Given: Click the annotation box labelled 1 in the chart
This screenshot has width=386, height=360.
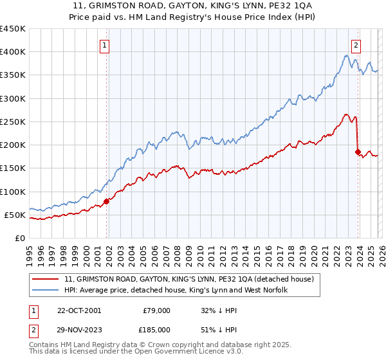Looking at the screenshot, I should click(x=104, y=45).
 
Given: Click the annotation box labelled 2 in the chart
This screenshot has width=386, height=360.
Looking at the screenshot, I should click(x=355, y=45).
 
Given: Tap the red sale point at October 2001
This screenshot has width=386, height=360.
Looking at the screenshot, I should click(x=107, y=201).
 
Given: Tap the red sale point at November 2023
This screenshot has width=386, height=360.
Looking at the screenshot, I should click(x=358, y=152).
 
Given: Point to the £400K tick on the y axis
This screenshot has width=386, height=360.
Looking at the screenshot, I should click(x=12, y=52).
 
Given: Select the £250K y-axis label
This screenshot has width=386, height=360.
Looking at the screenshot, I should click(x=12, y=122).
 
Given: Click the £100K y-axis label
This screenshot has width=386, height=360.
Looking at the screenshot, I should click(x=12, y=192).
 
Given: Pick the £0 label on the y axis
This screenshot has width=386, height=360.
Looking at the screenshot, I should click(x=19, y=238).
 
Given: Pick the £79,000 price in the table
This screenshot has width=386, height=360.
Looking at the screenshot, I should click(x=156, y=310).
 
